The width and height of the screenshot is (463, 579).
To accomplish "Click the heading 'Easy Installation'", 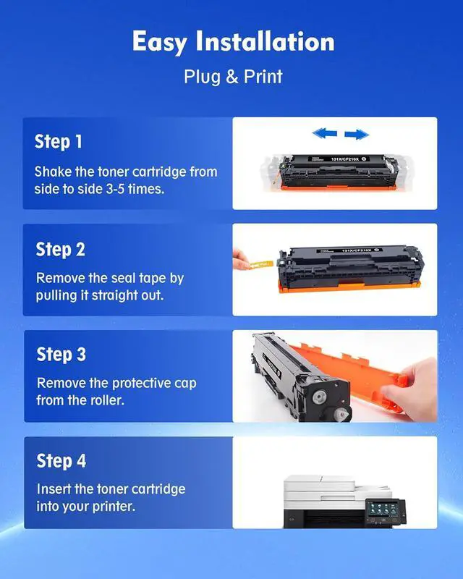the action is (x=234, y=41).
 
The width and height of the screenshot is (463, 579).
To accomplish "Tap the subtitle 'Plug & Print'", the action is (x=234, y=77).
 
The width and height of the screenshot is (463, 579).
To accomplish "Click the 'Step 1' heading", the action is (x=59, y=141).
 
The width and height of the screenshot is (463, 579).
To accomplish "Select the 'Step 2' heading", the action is (x=60, y=249).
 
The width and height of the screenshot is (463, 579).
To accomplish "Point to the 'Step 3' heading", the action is (x=61, y=354).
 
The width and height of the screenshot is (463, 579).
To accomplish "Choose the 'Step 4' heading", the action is (x=61, y=460).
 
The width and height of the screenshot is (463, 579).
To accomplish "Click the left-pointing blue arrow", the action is (x=325, y=133).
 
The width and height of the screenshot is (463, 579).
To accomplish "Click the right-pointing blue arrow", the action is (x=357, y=135).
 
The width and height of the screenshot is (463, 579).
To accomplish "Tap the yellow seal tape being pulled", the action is (x=261, y=264).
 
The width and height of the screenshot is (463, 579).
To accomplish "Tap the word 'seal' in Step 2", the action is (x=125, y=278).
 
